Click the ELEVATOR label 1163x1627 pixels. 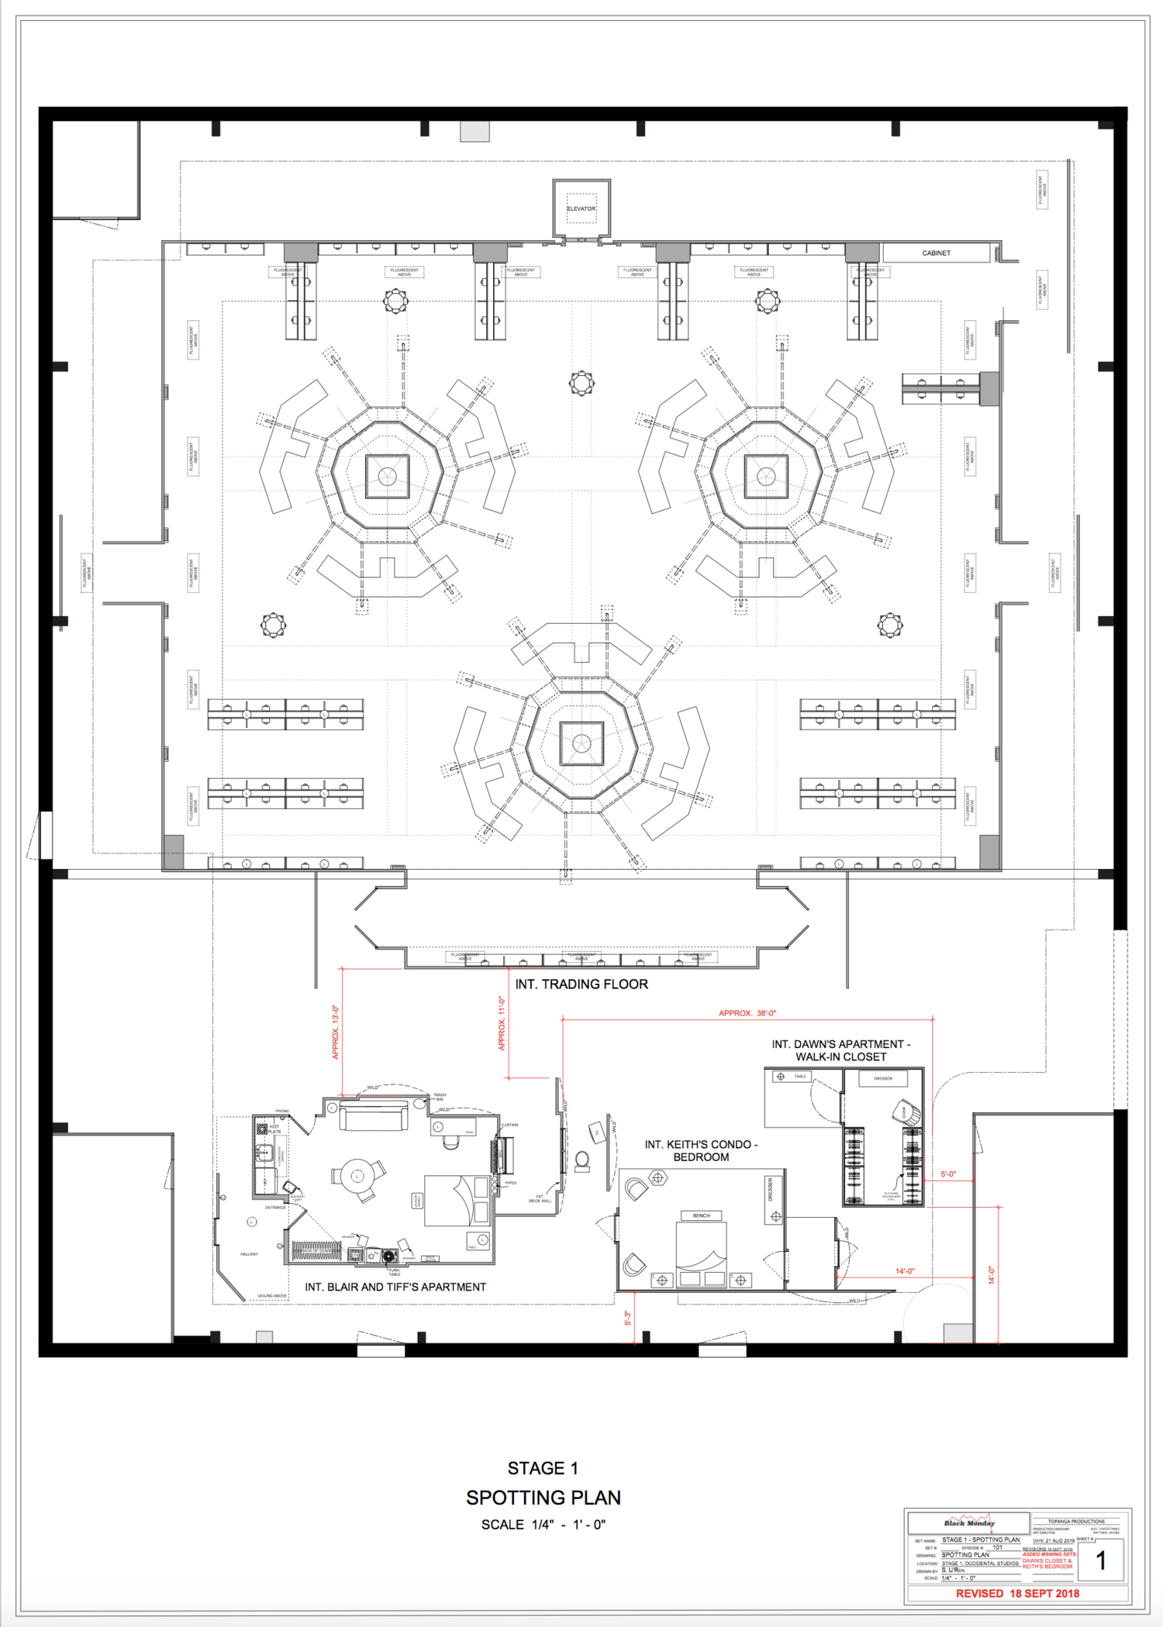581,209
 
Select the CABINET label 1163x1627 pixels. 936,253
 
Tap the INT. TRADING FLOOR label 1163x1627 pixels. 581,984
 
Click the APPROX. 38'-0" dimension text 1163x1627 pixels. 747,1013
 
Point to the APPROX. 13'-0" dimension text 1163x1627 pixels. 336,1032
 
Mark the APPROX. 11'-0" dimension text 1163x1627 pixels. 502,1024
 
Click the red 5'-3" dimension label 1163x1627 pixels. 628,1318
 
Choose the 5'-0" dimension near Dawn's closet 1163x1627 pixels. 948,1174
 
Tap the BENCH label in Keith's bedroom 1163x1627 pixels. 701,1215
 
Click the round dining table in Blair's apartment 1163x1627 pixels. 358,1176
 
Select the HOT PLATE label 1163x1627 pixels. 274,1129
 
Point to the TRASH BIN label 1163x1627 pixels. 440,1097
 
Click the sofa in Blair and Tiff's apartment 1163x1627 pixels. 374,1117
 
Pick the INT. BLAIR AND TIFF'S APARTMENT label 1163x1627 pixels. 395,1287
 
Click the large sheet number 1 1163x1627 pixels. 1100,1560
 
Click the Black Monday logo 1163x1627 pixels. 968,1522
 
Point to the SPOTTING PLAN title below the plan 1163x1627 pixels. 543,1498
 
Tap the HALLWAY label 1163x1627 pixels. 249,1254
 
